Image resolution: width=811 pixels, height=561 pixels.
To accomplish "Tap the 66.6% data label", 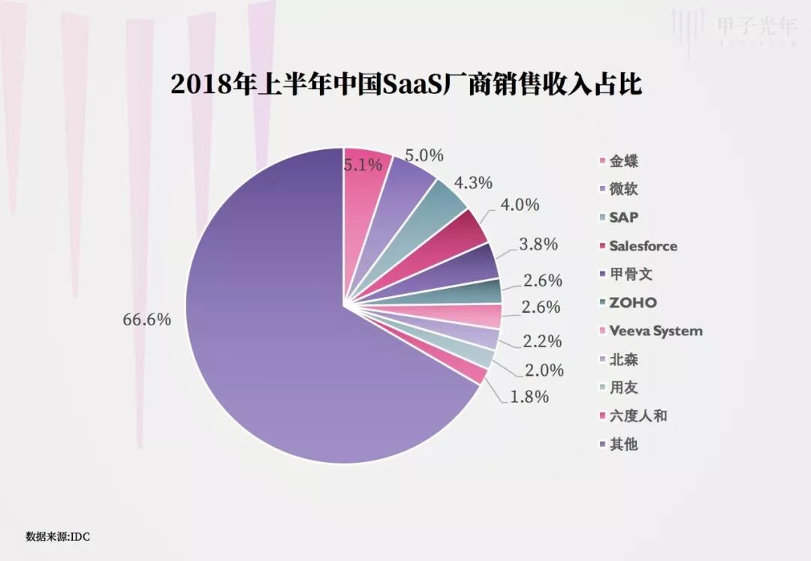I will point(147,319).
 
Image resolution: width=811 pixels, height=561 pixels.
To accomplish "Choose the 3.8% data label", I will point(538,244).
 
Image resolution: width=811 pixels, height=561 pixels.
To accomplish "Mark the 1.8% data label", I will point(530,397).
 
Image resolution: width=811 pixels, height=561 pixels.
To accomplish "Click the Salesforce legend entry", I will point(642,246).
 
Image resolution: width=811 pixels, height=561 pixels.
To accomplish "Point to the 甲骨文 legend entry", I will point(631,274).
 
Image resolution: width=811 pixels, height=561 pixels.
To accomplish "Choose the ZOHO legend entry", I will point(632,303).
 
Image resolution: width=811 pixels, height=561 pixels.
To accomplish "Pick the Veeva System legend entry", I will point(655,331).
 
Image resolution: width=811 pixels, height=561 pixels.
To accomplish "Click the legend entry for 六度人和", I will point(637,416).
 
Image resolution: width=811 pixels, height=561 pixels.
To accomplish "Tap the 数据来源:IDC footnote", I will point(59,537).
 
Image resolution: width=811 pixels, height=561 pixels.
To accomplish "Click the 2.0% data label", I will point(544,370).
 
